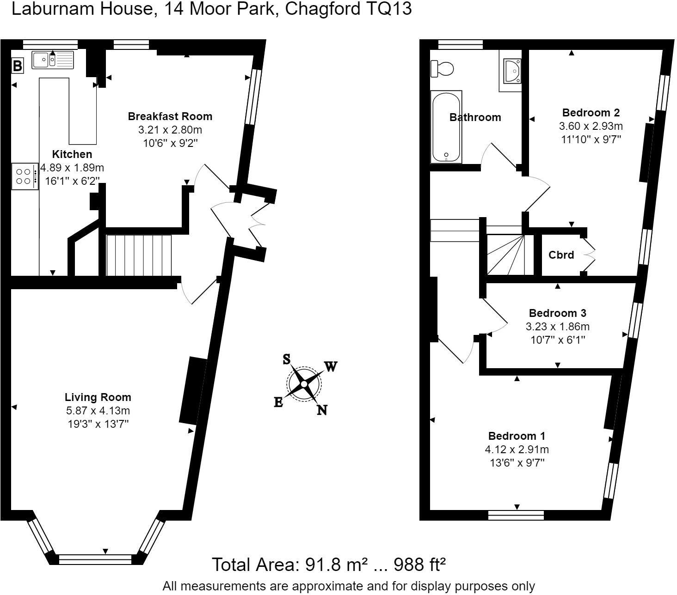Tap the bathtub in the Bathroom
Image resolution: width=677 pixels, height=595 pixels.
tap(446, 127)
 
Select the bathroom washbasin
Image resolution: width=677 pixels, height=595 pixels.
tap(511, 71)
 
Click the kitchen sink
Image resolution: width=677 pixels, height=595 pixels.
tap(53, 60)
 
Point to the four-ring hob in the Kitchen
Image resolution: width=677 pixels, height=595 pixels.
tap(25, 176)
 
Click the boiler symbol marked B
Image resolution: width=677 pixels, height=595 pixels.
tap(17, 66)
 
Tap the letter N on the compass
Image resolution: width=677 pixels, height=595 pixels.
tap(322, 410)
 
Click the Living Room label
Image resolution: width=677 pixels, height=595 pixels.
tap(98, 397)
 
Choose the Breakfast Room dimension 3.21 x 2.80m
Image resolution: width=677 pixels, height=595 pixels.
tap(170, 130)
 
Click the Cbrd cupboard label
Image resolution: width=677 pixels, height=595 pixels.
tap(561, 255)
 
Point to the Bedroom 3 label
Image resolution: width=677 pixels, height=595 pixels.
tap(557, 313)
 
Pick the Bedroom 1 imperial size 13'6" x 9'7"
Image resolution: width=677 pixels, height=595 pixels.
tap(517, 463)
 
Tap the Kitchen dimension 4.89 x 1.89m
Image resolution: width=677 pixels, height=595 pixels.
tap(72, 167)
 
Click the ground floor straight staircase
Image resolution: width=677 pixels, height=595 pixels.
tap(139, 255)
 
